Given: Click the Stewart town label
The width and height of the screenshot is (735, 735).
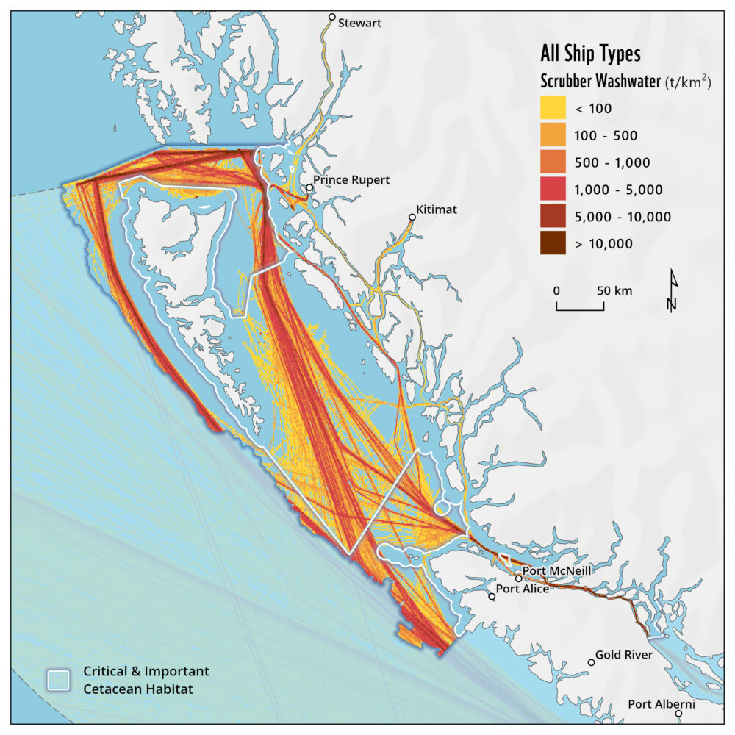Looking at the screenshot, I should coord(359,23).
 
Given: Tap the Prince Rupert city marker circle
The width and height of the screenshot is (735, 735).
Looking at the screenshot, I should coord(310,187).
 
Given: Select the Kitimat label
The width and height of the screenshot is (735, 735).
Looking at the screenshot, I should coord(436,209).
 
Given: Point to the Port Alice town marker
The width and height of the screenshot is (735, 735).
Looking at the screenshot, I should coord(492,596).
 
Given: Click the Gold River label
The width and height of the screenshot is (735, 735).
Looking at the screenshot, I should coord(623,654).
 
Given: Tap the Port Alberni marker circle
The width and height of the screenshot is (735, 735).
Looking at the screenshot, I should coord(679,713).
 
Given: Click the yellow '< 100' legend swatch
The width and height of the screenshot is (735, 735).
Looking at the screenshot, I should coord(553,108).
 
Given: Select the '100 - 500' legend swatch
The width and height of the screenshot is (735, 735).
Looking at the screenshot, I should coord(553,135).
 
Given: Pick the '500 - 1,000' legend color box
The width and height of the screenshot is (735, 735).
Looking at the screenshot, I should coord(553,162).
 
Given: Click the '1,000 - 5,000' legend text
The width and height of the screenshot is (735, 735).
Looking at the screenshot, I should coord(619,190).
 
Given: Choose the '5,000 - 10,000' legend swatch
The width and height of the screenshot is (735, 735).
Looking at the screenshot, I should coord(553,217).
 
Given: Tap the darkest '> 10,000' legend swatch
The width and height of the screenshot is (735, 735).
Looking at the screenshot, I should coord(553,243).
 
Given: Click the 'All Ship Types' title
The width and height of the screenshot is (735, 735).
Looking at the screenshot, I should coord(590,54).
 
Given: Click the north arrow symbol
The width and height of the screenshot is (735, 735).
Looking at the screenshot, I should coord(673,291).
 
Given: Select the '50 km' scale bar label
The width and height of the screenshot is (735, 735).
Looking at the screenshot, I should coord(614,290).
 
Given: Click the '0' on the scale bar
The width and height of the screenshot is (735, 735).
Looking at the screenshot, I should coord(557,290).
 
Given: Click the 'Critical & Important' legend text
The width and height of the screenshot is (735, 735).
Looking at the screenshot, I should coord(146,672).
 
